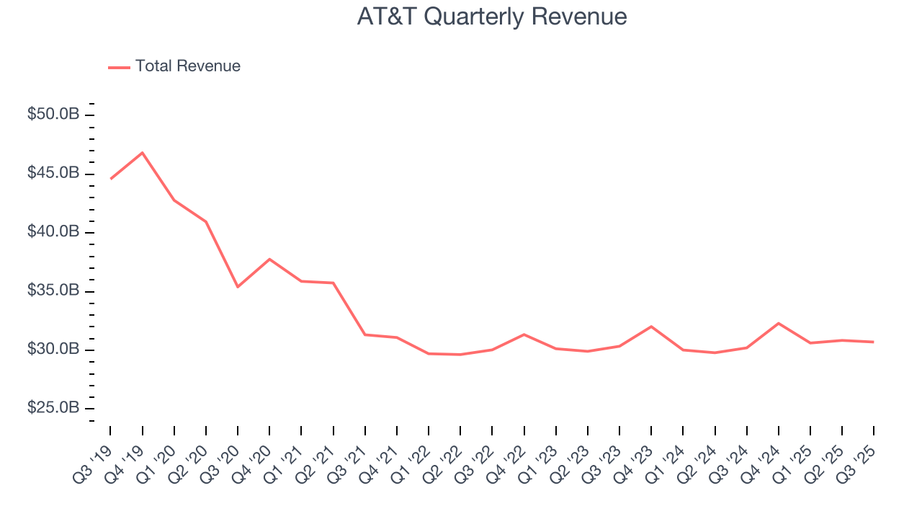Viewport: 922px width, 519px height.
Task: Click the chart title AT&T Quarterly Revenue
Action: (x=492, y=17)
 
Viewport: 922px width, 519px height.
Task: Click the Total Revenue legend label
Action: (x=187, y=66)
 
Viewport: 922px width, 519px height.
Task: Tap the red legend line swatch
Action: (x=119, y=67)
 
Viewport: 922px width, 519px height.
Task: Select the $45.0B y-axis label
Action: (x=53, y=174)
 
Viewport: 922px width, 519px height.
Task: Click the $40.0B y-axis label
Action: (x=53, y=232)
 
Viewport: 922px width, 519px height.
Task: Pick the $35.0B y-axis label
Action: (x=53, y=291)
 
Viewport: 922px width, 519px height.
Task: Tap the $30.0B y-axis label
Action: (x=53, y=350)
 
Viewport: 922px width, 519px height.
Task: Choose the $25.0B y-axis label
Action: (x=53, y=408)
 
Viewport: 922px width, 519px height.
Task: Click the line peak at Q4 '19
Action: (x=143, y=153)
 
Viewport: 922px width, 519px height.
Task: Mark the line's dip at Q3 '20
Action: (x=238, y=287)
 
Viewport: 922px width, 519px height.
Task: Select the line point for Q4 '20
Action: (x=269, y=259)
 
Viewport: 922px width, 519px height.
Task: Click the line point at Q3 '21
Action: (x=365, y=334)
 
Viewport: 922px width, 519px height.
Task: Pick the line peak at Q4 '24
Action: (x=779, y=323)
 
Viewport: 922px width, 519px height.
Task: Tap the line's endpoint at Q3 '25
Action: (x=874, y=342)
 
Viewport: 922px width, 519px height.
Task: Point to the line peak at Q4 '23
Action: (x=651, y=327)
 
